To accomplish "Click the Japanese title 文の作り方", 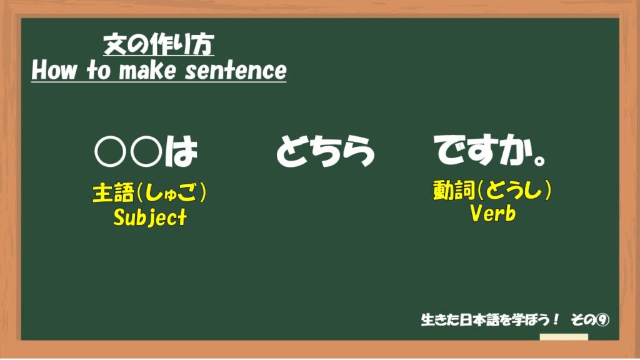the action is click(158, 44).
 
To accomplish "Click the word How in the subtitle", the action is click(54, 70).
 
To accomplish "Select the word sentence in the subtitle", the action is click(236, 70).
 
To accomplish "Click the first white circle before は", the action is click(110, 151).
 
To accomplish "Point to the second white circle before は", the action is click(147, 151).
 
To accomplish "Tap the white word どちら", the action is click(325, 151).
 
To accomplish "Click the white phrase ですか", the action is click(482, 150).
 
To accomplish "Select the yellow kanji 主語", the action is click(114, 192).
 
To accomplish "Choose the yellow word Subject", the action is click(150, 217).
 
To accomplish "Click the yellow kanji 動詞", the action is click(454, 190).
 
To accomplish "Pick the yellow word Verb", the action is click(492, 213).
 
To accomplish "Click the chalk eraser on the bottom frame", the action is click(564, 337).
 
